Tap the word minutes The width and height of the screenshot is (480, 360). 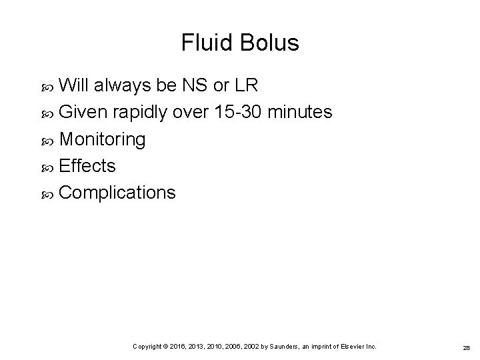(x=299, y=113)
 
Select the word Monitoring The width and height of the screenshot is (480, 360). (x=103, y=140)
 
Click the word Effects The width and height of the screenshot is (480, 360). (x=87, y=166)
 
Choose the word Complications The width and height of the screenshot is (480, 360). (x=118, y=193)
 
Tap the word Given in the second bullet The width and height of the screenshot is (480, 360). (x=83, y=113)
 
